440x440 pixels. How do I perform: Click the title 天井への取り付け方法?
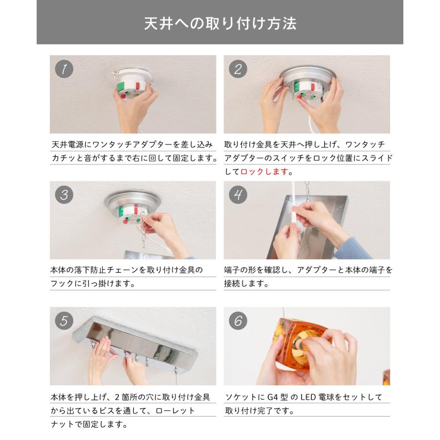[220, 23]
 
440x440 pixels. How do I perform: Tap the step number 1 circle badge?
[64, 69]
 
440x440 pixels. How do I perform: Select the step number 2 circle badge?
[238, 69]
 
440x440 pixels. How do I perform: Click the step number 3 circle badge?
[64, 195]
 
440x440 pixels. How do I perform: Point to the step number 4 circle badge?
[238, 195]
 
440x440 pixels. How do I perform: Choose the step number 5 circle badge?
[64, 321]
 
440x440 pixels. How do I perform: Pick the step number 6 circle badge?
[238, 321]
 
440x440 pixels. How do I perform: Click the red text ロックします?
[264, 172]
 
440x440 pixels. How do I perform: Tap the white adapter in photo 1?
[131, 83]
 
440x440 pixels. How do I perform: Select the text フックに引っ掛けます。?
[93, 284]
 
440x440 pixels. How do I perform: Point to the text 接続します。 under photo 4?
[246, 284]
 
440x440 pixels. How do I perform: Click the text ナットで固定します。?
[89, 424]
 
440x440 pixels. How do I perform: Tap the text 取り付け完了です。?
[260, 411]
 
